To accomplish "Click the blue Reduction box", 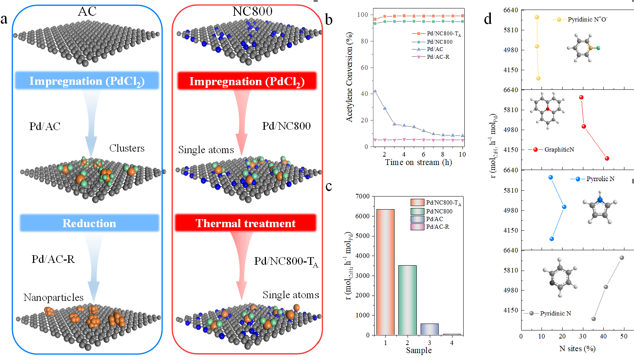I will tap(89, 223).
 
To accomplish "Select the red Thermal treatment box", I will tap(246, 223).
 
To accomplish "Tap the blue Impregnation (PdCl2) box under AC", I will tap(87, 81).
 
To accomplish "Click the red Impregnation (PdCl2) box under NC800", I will tap(247, 81).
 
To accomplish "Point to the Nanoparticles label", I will tap(53, 297).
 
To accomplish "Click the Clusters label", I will tap(127, 148).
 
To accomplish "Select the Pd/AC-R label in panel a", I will tap(53, 259).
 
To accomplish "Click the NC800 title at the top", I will tap(252, 12).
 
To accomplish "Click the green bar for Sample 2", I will tap(407, 300).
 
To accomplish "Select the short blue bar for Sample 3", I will tap(429, 329).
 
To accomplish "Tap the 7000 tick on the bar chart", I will tap(363, 196).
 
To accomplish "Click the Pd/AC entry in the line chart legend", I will tap(435, 49).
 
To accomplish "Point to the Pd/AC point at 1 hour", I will tap(375, 91).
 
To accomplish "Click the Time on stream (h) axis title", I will tap(418, 162).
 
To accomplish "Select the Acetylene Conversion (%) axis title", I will tap(349, 77).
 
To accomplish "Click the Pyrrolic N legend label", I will tap(600, 179).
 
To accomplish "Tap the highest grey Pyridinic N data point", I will tap(622, 258).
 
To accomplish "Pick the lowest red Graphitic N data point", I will tap(607, 159).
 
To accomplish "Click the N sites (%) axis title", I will tap(577, 348).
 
